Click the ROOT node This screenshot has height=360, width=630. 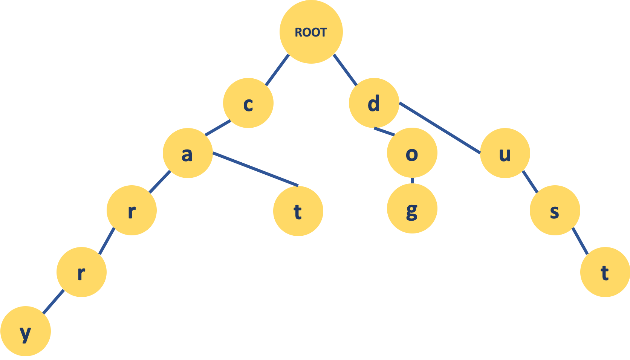click(311, 32)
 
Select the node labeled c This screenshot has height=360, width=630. click(248, 103)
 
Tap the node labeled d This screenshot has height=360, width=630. click(374, 103)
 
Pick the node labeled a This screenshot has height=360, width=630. click(188, 153)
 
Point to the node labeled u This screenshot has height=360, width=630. click(505, 153)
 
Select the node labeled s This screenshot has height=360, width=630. click(555, 211)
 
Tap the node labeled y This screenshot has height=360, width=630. click(25, 331)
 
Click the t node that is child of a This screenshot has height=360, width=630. click(298, 211)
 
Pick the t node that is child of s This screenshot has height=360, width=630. click(605, 272)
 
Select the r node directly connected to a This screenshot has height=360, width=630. click(132, 211)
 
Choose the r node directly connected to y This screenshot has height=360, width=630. click(81, 272)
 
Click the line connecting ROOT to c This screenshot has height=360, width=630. click(277, 70)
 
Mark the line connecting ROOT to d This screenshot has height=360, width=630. click(345, 70)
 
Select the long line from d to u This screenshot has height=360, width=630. click(440, 128)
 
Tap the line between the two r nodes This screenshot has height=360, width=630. click(107, 241)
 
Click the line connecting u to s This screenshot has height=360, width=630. click(530, 182)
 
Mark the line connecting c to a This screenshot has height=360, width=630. click(218, 128)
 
